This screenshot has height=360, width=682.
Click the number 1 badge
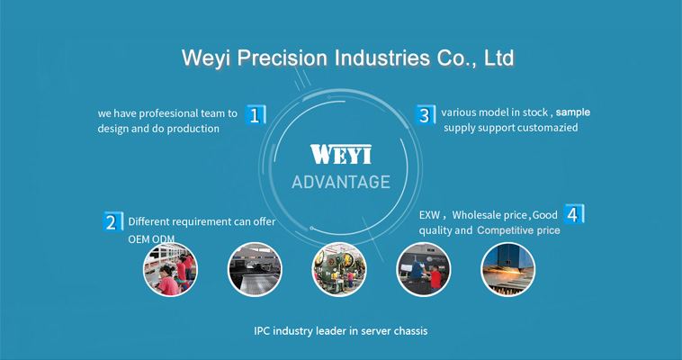click(x=256, y=115)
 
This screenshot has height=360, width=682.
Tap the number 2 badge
click(x=113, y=221)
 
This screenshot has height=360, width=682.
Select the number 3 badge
click(x=425, y=115)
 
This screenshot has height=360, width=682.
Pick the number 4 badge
click(x=574, y=214)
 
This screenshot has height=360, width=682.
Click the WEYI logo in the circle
click(x=341, y=154)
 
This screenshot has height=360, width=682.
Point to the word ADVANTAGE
click(x=341, y=182)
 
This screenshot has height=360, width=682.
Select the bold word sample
click(x=573, y=112)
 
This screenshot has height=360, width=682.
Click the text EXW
click(x=429, y=215)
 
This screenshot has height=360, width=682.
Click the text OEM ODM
click(x=151, y=239)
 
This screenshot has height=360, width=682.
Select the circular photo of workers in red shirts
click(x=171, y=269)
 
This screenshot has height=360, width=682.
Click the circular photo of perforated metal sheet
click(x=255, y=269)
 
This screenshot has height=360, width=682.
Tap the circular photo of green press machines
click(x=339, y=269)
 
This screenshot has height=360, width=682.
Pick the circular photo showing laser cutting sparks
click(x=508, y=269)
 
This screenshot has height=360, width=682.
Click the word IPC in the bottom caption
click(x=262, y=331)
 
